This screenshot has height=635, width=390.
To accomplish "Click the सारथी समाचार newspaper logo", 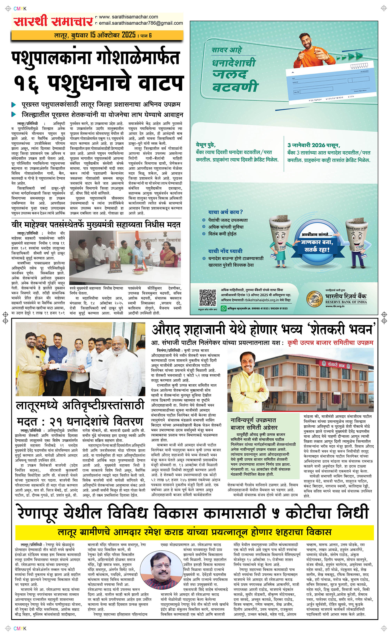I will (x=53, y=21).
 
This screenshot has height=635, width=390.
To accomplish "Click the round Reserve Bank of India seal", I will (x=314, y=299).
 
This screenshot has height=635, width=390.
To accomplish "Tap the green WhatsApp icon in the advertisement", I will (x=224, y=308).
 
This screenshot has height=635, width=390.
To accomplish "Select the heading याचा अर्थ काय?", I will (x=225, y=212).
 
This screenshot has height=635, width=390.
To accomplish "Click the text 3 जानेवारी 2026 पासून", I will (x=314, y=145).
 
